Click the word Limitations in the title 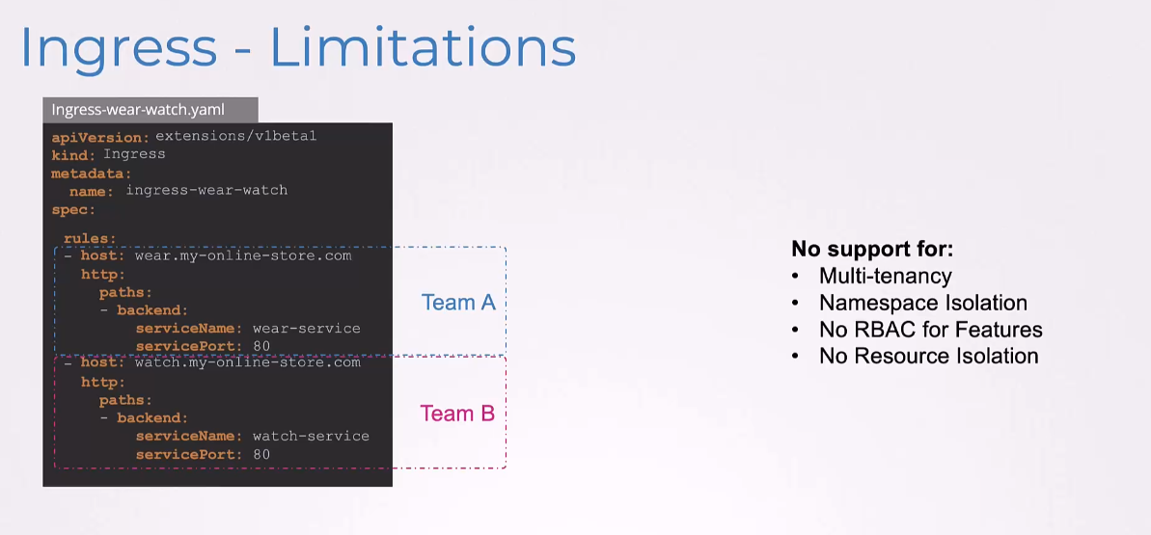click(x=424, y=47)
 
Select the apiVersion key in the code click(x=100, y=137)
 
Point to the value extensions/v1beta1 click(x=235, y=136)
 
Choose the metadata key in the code click(x=91, y=174)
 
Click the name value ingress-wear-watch click(x=206, y=191)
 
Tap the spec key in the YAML click(x=73, y=210)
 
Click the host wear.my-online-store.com click(x=243, y=256)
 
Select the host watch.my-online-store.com click(x=247, y=362)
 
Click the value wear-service click(x=306, y=328)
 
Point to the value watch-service click(x=311, y=436)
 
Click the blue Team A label click(x=458, y=303)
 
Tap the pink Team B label click(x=457, y=414)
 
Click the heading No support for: click(x=872, y=250)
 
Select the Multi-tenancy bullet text click(x=886, y=277)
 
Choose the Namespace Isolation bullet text click(x=923, y=303)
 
